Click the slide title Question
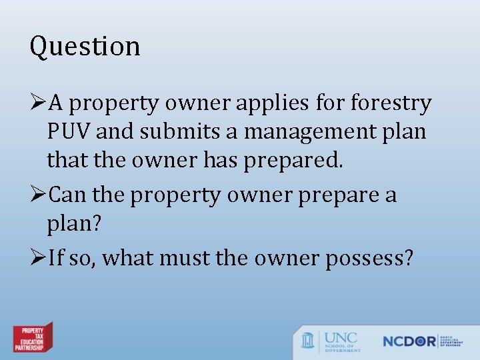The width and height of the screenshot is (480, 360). pos(85,47)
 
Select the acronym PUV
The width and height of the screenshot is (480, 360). pos(69,132)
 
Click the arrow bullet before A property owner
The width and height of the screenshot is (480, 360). pos(38,104)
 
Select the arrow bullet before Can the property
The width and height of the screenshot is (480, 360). pos(38,195)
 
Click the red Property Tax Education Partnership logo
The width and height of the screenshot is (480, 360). pos(33,338)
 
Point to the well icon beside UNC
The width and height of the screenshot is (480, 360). pos(308,340)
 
